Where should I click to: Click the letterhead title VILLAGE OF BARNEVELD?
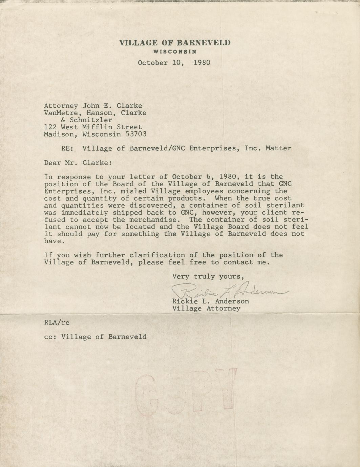click(x=175, y=43)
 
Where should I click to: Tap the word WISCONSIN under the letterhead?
click(x=175, y=52)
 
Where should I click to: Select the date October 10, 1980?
click(x=174, y=63)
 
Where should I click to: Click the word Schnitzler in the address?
click(x=91, y=120)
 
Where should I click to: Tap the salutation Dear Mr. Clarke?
click(x=78, y=163)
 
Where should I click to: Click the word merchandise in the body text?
click(x=146, y=220)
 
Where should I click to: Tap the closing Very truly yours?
click(x=208, y=276)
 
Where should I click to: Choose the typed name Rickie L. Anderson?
click(x=211, y=301)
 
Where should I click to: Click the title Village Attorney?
click(x=206, y=309)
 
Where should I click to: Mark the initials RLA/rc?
click(x=57, y=322)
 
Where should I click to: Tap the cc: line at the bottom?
click(x=96, y=337)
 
